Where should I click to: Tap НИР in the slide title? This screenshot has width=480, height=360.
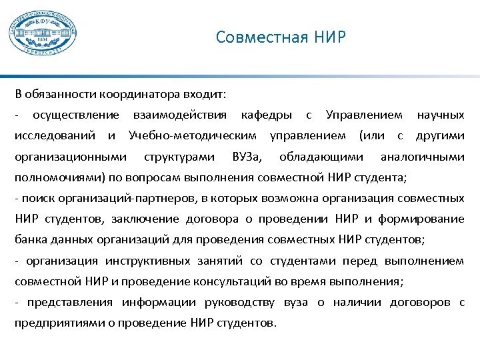331,37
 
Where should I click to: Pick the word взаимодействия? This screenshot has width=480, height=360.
180,116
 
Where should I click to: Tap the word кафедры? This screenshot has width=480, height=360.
266,116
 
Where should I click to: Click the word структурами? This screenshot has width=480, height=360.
179,157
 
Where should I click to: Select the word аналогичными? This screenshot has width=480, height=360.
422,157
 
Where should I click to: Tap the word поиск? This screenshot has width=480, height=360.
33,199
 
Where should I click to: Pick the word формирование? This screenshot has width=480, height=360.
423,219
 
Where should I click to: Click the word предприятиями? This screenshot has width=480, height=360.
58,323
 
